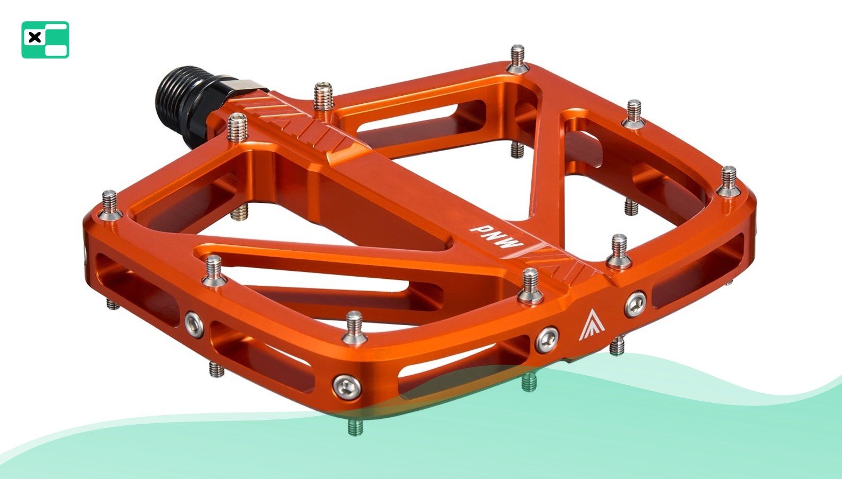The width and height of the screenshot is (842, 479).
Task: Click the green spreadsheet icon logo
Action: click(45, 40)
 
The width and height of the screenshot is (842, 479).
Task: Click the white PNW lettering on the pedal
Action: click(495, 237)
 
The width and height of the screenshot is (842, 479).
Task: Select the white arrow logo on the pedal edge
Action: click(586, 325)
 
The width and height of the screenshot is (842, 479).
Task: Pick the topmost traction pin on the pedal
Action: click(517, 59)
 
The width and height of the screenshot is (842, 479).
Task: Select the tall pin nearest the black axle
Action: click(237, 128)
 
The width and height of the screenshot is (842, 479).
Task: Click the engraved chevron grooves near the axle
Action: click(298, 120)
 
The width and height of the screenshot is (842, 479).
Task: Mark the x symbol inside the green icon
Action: click(35, 37)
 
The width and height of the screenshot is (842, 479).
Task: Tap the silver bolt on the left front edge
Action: click(194, 324)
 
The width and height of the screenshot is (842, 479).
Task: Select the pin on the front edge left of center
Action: click(354, 327)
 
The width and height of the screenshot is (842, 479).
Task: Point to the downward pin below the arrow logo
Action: click(617, 346)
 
